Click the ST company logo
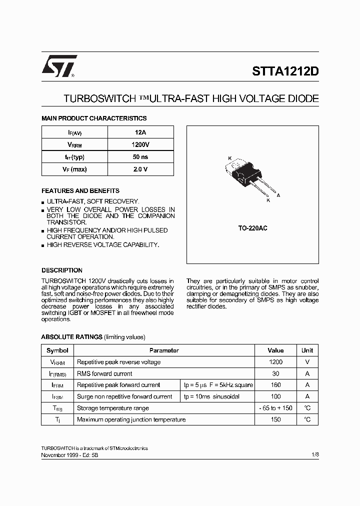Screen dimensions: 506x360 59,66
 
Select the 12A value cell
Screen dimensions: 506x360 140,132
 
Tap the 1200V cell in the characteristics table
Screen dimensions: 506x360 140,144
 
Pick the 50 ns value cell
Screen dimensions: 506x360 140,157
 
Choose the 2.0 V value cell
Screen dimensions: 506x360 140,169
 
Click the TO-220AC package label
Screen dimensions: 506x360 252,228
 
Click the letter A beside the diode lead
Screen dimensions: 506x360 278,195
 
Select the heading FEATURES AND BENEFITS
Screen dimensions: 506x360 80,191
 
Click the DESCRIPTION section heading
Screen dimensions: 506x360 62,270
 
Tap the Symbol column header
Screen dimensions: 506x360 57,350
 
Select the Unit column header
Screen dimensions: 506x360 307,350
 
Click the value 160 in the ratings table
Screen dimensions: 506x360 275,385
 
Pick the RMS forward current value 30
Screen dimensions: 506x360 275,373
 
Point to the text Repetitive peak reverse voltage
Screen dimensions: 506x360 119,362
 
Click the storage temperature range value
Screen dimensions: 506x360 275,408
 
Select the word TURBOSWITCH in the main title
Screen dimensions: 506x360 97,99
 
